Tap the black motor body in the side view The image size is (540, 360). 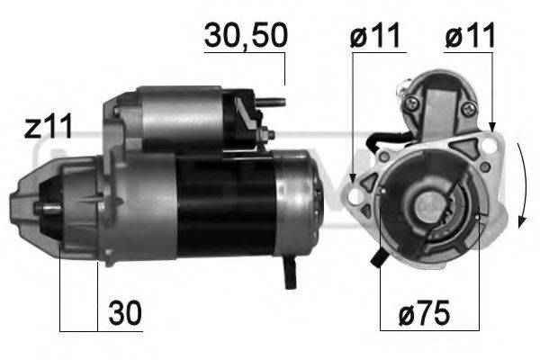[225, 207]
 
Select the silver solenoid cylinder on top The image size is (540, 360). [180, 117]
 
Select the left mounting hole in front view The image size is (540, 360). [366, 184]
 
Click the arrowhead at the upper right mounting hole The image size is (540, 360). [491, 126]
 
